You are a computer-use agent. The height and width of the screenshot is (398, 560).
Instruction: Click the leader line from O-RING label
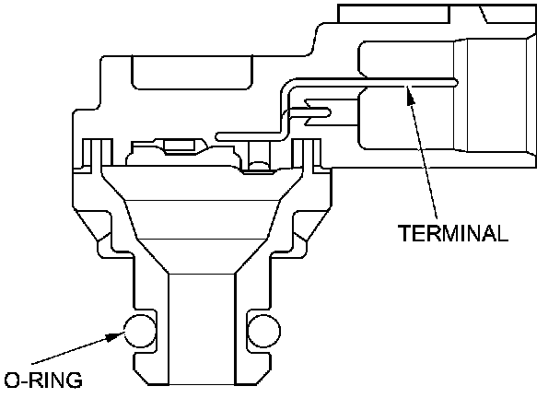pyautogui.click(x=74, y=355)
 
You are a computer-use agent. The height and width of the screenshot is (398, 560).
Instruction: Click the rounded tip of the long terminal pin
pyautogui.click(x=455, y=81)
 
